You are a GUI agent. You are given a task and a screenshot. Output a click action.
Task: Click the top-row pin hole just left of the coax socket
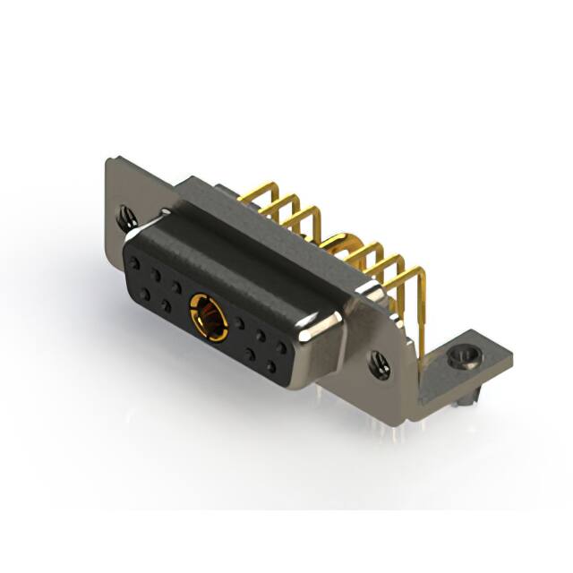pyautogui.click(x=177, y=287)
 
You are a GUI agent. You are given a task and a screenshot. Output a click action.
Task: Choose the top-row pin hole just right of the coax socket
pyautogui.click(x=238, y=323)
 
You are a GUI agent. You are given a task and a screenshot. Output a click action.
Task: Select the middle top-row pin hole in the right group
pyautogui.click(x=260, y=335)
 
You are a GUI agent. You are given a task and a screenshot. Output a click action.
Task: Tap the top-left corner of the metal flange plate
pyautogui.click(x=109, y=161)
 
